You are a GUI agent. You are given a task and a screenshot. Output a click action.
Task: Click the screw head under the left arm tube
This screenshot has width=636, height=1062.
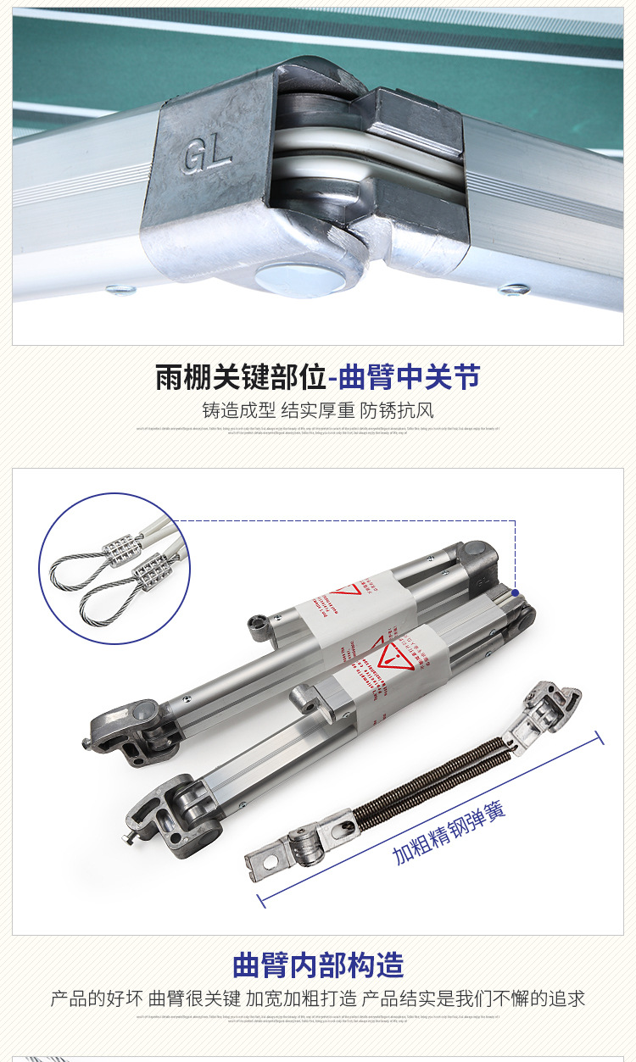pyautogui.click(x=120, y=291)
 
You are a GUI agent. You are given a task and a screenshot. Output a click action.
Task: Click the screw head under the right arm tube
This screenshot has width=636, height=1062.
pyautogui.click(x=514, y=290)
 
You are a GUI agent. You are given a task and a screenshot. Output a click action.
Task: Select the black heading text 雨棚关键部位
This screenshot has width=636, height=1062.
pyautogui.click(x=240, y=377)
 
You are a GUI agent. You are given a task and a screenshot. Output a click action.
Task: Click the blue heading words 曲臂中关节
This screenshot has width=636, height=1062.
pyautogui.click(x=409, y=377)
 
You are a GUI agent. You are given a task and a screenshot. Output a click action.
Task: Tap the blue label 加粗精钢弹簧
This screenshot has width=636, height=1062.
pyautogui.click(x=449, y=832)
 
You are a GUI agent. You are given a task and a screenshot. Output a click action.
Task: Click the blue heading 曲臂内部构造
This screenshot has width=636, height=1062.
pyautogui.click(x=318, y=965)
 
